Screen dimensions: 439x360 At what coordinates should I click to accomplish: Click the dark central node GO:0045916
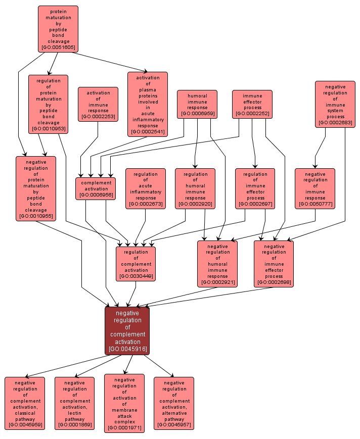coord(127,330)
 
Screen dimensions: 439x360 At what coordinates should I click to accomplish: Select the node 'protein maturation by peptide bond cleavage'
coord(58,29)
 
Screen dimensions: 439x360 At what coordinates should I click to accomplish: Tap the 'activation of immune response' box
coord(98,105)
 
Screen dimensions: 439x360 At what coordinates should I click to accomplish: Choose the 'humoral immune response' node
coord(197,105)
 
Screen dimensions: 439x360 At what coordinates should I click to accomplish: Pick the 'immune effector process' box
coord(252,105)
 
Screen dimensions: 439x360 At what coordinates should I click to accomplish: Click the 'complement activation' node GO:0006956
coord(96,188)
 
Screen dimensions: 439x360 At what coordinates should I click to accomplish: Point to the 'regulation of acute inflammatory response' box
coord(146,188)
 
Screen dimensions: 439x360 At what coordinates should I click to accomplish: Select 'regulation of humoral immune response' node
coord(195,188)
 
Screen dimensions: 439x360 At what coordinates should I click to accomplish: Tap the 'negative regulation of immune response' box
coord(315,188)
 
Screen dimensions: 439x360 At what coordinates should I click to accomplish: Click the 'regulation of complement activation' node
coord(136,264)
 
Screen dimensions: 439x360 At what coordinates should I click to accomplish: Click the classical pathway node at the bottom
coord(25,403)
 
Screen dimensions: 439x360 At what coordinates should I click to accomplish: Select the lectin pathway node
coord(74,403)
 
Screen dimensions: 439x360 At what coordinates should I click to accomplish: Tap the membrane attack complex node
coord(124,403)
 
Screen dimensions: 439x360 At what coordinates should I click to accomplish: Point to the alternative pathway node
coord(174,403)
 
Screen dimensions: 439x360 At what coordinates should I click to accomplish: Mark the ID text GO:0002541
coord(148,132)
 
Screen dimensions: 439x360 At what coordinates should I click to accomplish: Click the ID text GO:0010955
coord(36,216)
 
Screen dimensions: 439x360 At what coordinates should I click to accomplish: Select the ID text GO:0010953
coord(48,129)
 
